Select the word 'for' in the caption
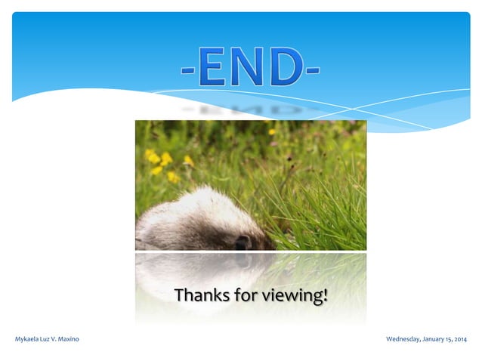coord(246,295)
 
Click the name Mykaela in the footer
coord(28,339)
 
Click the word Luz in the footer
coord(48,339)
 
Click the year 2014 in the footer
coord(462,339)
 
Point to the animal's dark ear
coord(243,242)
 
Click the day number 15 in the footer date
coord(450,339)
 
